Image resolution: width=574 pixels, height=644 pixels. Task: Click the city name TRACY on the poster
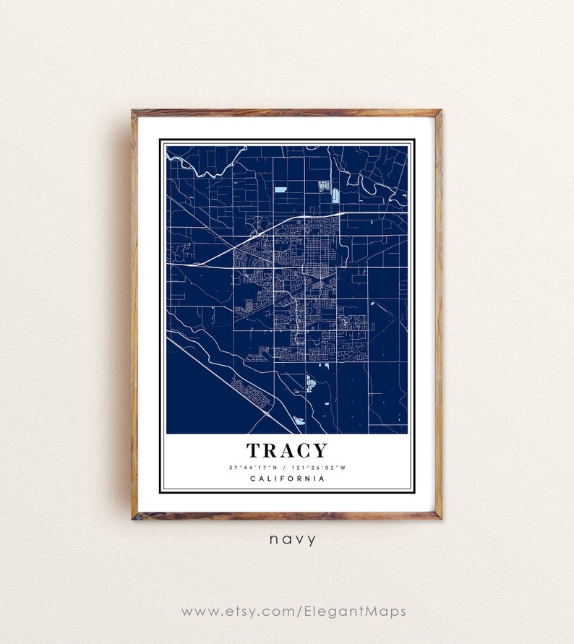(287, 451)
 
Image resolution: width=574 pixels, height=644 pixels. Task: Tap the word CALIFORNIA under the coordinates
(287, 478)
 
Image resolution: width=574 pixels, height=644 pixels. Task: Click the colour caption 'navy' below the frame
(292, 539)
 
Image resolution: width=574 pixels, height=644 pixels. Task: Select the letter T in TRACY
(254, 451)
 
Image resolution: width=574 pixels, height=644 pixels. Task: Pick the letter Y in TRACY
(319, 451)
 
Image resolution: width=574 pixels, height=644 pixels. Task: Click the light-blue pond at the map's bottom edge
(299, 420)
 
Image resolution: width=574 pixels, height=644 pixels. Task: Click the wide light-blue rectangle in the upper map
(280, 189)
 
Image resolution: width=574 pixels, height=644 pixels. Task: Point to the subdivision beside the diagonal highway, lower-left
(251, 392)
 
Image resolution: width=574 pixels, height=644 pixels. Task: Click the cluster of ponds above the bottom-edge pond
(311, 383)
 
